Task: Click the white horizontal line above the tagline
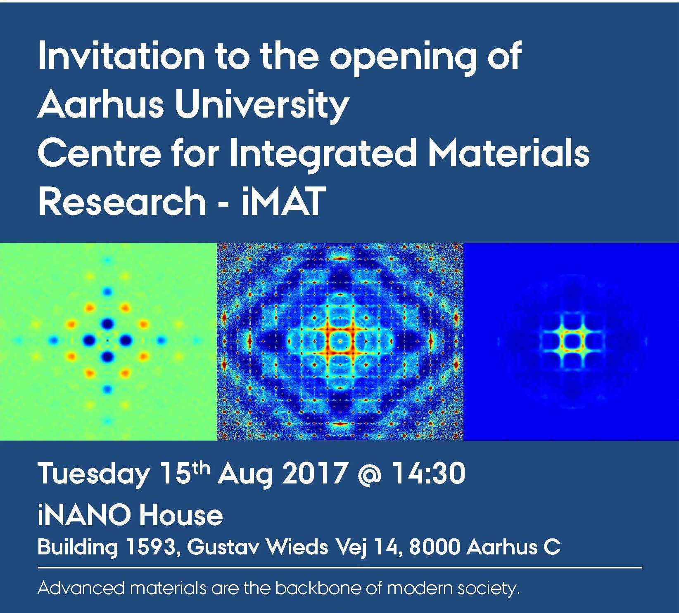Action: pos(340,568)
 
